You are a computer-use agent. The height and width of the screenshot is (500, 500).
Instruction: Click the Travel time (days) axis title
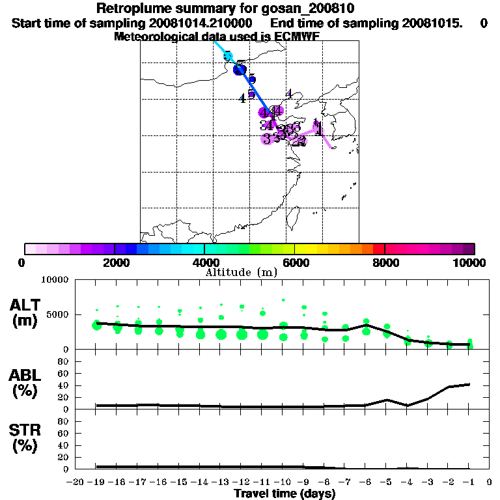(285, 494)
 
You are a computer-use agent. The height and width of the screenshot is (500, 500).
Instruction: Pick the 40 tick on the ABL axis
(64, 385)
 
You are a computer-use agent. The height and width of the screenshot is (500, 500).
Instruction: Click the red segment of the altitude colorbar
(378, 249)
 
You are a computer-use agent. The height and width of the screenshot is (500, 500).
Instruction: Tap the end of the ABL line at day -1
(469, 384)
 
